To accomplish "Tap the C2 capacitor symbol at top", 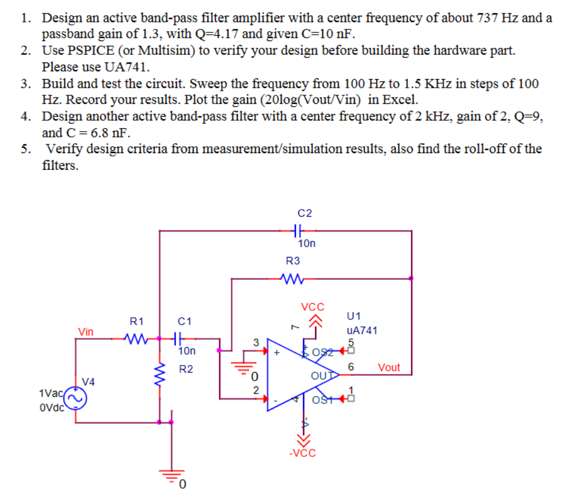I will point(296,230).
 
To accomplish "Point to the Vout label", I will point(388,367).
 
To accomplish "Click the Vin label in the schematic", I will point(86,332).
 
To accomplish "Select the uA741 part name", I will point(362,330).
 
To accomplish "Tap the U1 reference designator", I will point(354,316).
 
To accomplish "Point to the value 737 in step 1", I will point(489,18).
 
